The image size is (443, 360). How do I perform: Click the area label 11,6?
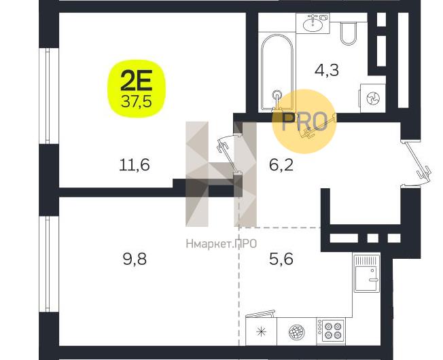tap(135, 164)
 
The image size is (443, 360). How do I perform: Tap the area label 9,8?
tap(135, 259)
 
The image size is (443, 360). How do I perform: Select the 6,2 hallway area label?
tap(281, 165)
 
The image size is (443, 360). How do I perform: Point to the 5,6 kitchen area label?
tap(281, 259)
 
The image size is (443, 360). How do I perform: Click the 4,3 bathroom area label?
tap(327, 70)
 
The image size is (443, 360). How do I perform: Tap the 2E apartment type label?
tap(136, 80)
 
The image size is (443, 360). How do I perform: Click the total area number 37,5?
tap(136, 102)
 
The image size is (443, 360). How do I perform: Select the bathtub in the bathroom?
tap(277, 72)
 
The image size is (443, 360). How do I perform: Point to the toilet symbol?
tap(349, 33)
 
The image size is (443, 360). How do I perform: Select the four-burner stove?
tap(331, 331)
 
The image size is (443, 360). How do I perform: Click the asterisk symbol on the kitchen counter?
tap(261, 331)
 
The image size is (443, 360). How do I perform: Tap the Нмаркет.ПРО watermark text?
tap(221, 243)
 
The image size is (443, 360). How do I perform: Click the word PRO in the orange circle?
tap(304, 122)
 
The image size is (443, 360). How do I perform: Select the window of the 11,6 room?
tap(49, 96)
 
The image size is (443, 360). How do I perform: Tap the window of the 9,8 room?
tap(49, 264)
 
